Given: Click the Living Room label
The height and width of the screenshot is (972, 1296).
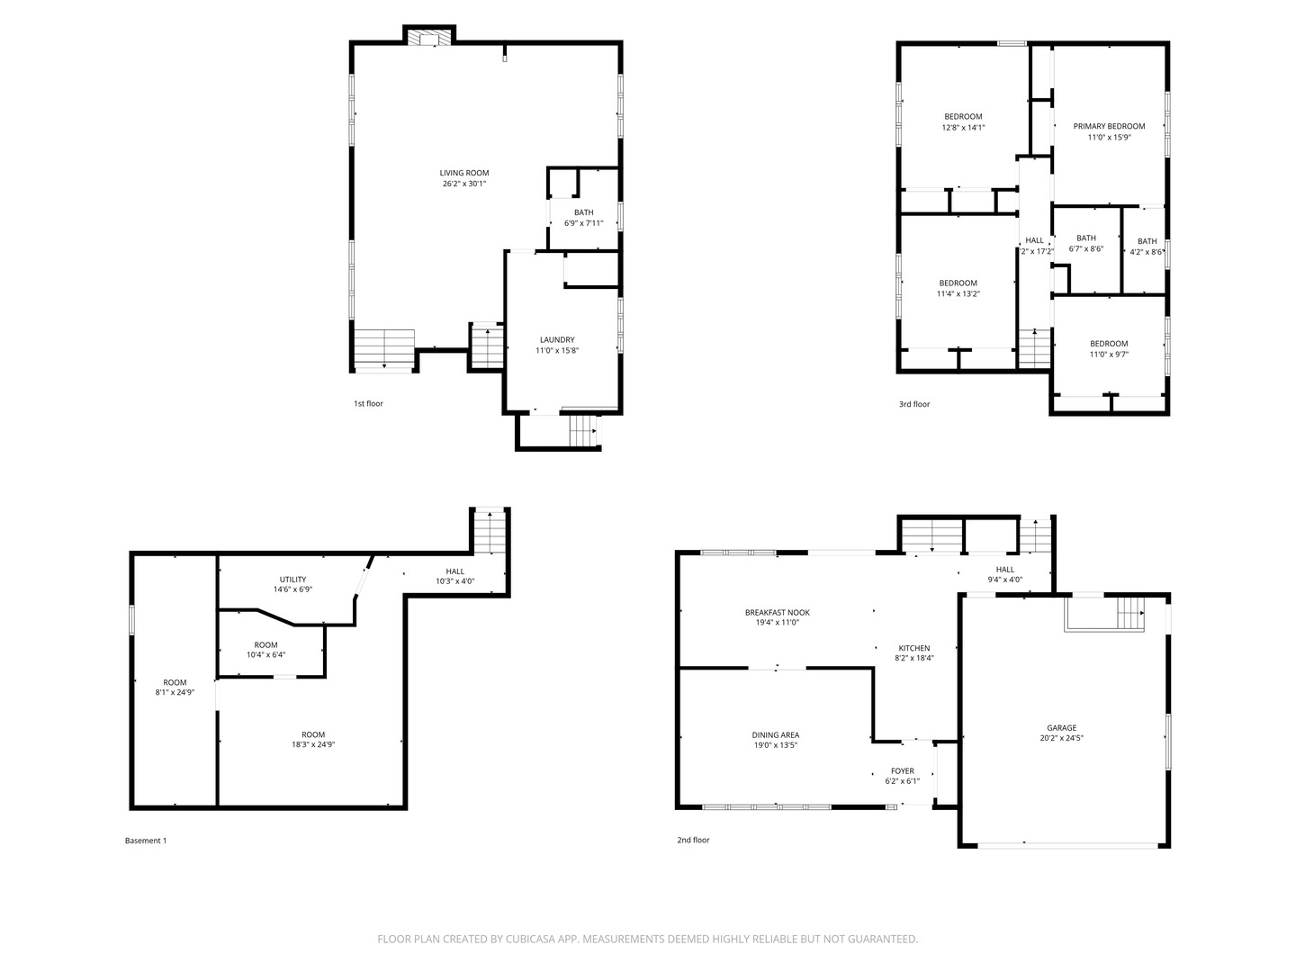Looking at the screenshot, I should [463, 173].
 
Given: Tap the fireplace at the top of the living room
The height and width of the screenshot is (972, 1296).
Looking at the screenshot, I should [428, 36].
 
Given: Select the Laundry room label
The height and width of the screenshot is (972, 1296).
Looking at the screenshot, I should [556, 339].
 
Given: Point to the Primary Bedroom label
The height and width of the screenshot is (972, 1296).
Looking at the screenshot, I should [1109, 126].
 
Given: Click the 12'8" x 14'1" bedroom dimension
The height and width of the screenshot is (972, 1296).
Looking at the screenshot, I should [963, 128].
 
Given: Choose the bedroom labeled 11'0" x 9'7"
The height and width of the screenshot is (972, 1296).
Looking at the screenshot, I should [1109, 349].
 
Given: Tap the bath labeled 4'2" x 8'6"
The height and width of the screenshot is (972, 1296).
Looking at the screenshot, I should [1147, 247].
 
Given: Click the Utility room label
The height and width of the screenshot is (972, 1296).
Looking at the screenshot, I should [292, 580].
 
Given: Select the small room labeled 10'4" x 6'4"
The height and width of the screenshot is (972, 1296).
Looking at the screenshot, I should [265, 650].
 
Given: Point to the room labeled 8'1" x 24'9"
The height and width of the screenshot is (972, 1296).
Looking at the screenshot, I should [175, 688].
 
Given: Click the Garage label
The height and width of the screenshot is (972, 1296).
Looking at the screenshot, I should [1061, 728].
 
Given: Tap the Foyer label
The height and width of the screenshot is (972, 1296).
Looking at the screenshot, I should [902, 770].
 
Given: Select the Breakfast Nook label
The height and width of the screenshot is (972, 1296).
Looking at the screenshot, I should [777, 612].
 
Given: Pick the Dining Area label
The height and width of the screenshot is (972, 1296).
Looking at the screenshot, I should [775, 734].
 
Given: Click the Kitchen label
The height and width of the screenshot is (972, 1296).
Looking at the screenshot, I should [913, 648].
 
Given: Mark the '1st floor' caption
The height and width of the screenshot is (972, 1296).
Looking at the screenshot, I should [368, 404].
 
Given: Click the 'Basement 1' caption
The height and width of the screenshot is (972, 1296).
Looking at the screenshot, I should [146, 841].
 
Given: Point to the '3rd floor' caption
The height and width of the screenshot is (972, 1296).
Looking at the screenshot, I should [914, 404].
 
